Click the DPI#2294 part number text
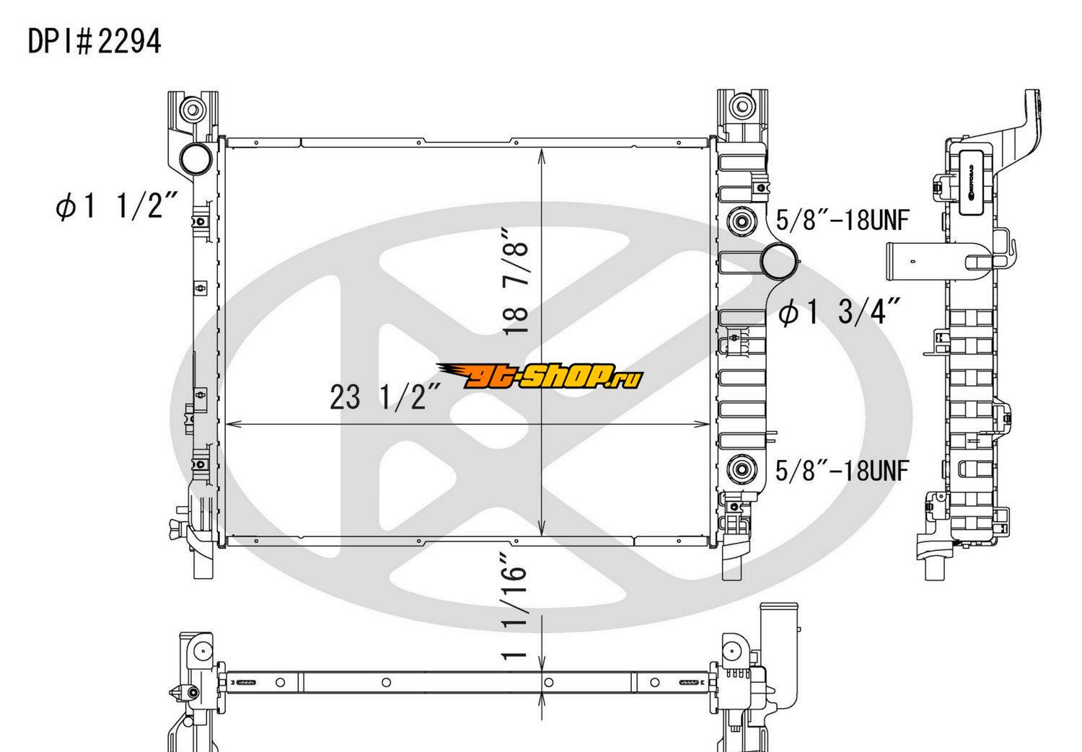(x=94, y=42)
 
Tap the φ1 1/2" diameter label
(x=116, y=206)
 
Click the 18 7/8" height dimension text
(x=515, y=280)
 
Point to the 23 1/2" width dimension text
(x=385, y=397)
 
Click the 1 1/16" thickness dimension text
(x=513, y=607)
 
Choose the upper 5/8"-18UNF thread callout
(x=843, y=220)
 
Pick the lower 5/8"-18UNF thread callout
(x=843, y=471)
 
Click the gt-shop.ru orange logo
(x=540, y=376)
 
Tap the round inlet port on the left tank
(x=195, y=159)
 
